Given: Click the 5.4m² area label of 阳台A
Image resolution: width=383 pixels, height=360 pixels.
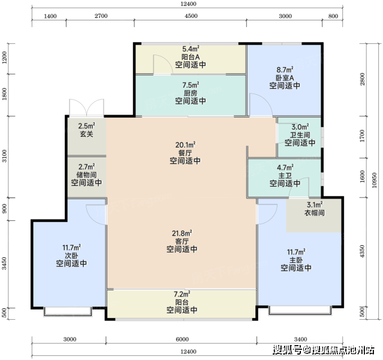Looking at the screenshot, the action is [x=191, y=49].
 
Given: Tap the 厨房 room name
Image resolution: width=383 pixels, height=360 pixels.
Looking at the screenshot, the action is [x=191, y=93].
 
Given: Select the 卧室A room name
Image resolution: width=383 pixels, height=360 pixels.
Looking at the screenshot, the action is [x=285, y=78].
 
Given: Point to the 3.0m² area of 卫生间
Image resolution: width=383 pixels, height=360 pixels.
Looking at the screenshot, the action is [x=300, y=127].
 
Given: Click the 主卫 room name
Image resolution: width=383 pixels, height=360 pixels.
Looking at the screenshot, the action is [x=285, y=176].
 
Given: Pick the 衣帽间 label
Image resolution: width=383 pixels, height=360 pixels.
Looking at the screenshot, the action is [x=314, y=213].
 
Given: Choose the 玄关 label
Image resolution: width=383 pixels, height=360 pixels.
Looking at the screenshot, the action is [x=87, y=134].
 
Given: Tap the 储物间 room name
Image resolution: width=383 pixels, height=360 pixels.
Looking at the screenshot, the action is [x=86, y=175].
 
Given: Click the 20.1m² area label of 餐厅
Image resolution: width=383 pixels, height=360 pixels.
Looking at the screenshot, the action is [x=185, y=145].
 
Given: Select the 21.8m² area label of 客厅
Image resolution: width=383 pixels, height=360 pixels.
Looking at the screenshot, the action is [x=182, y=233].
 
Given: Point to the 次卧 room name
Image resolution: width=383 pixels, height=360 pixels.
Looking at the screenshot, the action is [x=71, y=256].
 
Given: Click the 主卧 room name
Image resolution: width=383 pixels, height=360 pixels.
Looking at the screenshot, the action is [x=296, y=260].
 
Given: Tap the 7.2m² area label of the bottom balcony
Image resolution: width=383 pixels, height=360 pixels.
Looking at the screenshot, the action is [x=182, y=294].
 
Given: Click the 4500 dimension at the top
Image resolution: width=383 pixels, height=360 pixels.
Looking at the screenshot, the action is [x=191, y=16].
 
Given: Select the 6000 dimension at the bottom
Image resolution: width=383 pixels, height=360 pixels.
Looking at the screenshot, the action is [x=182, y=339].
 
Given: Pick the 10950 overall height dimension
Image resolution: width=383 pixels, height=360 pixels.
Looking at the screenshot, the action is [x=374, y=181].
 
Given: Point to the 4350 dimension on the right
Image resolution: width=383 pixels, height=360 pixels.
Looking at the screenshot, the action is [x=362, y=251].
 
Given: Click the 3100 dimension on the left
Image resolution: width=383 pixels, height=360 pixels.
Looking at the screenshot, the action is [x=4, y=156].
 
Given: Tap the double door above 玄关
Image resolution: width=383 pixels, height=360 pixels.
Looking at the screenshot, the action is [x=87, y=107].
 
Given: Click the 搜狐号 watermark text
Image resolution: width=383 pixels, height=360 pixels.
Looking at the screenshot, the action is [x=287, y=350].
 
